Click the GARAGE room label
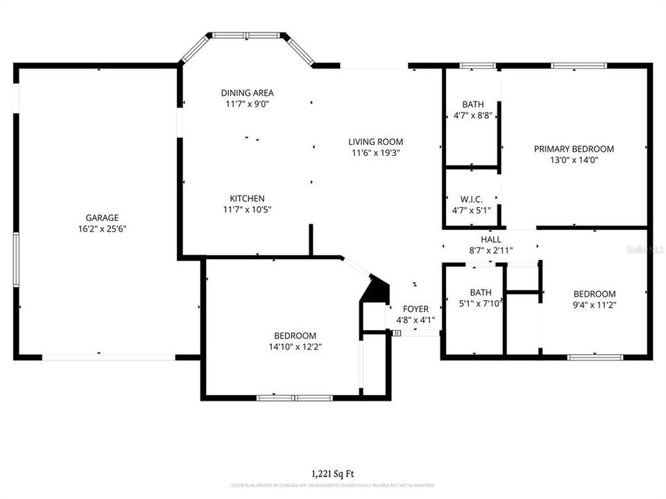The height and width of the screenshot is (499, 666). (102, 217)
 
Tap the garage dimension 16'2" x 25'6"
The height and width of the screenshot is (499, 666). (102, 228)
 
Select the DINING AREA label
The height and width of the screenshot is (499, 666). (247, 93)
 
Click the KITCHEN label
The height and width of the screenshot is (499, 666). (243, 198)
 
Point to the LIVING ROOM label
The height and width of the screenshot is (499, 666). (375, 142)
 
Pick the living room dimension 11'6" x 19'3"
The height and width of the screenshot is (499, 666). (375, 153)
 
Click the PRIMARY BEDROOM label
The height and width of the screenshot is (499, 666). (574, 148)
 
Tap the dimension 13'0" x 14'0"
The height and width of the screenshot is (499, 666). (574, 159)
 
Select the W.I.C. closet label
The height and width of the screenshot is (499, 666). (471, 199)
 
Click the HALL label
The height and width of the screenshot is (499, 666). (490, 239)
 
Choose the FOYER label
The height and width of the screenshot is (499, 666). (416, 309)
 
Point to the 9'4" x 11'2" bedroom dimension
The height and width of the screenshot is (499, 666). (595, 304)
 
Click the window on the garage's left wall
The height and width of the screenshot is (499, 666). (15, 260)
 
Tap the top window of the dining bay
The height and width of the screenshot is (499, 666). (246, 35)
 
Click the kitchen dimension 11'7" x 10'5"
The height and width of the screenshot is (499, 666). (243, 209)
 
